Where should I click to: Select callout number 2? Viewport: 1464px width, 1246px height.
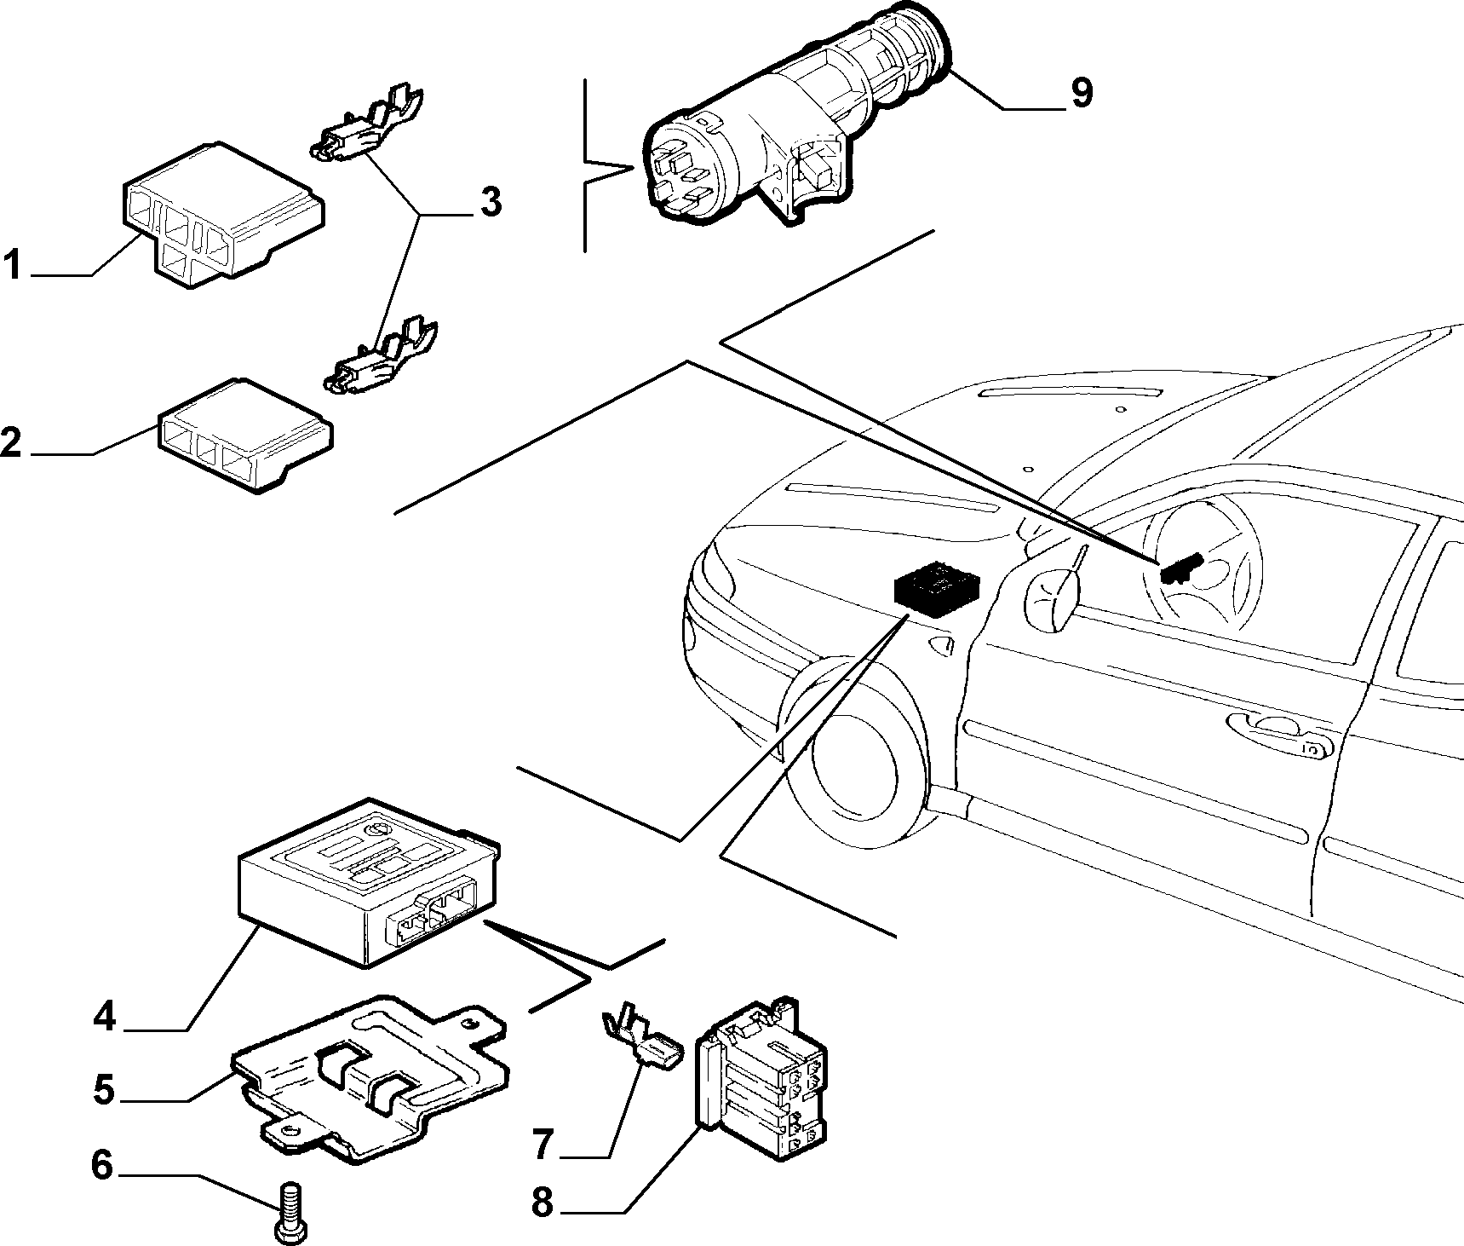tap(11, 442)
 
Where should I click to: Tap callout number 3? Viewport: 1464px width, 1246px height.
tap(490, 202)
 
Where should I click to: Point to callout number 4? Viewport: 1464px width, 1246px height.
tap(105, 1017)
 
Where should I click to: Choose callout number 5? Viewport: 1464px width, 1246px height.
tap(104, 1090)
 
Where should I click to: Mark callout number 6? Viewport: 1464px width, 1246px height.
tap(102, 1165)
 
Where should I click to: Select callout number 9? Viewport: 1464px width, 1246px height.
tap(1081, 92)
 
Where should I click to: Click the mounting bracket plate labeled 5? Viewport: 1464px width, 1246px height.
tap(371, 1077)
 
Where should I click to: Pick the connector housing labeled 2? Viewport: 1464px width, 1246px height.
tap(245, 436)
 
